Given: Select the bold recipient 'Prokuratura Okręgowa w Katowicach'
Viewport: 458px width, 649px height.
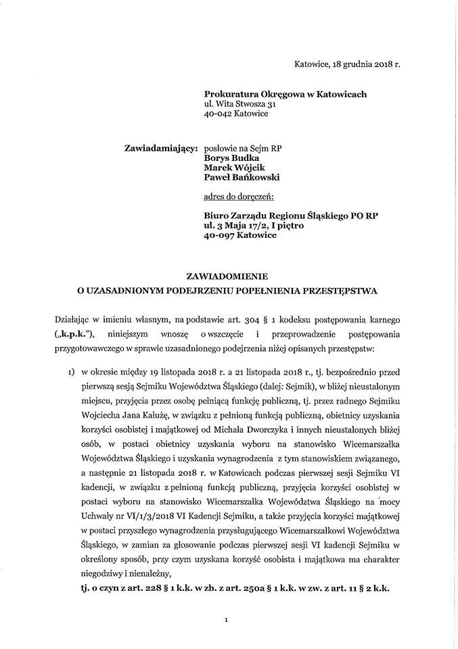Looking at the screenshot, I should coord(285,94).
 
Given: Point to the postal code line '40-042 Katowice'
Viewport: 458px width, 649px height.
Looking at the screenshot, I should coord(235,114).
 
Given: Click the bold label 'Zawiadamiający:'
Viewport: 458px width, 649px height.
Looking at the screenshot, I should coord(160,148).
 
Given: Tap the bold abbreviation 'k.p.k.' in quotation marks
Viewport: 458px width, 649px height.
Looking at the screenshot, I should coord(74,333).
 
